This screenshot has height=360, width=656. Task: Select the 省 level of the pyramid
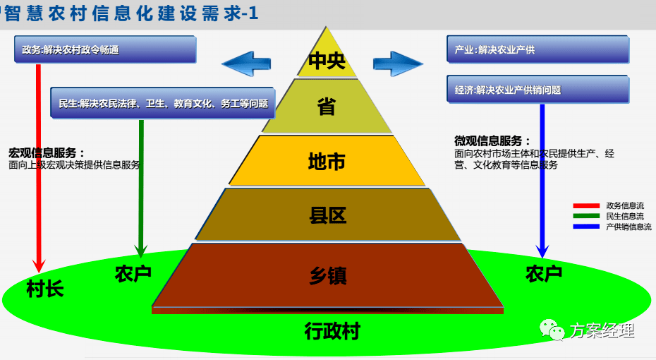[x=327, y=107]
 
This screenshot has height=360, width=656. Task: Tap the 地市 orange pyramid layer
[x=327, y=161]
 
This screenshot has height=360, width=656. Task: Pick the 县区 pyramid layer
[x=327, y=215]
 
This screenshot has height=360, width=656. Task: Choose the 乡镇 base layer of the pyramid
[x=327, y=276]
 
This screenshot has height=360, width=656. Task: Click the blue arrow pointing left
[x=246, y=64]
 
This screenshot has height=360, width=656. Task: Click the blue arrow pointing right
[x=398, y=64]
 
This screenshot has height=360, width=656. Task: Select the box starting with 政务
[x=105, y=49]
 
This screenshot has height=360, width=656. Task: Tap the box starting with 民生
[x=163, y=103]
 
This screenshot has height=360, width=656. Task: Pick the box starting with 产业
[x=538, y=49]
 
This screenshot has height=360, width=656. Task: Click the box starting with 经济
[x=538, y=89]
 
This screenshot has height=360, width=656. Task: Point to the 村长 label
[x=44, y=289]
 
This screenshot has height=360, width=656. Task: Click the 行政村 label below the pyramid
[x=332, y=331]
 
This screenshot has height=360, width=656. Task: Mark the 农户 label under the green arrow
[x=133, y=274]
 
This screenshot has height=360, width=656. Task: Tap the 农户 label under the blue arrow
[x=544, y=274]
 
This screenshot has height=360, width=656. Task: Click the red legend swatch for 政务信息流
[x=586, y=205]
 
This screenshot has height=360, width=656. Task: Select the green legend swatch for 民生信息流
[x=586, y=216]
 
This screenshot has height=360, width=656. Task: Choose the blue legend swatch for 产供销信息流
[x=586, y=227]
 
